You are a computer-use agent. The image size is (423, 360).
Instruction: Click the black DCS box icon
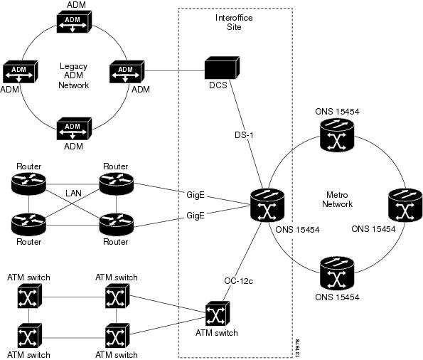tap(222, 68)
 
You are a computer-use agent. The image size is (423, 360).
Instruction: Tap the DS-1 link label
tap(244, 134)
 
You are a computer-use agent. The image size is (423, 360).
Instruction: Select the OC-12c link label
tap(238, 281)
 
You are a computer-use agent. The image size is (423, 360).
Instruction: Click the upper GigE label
tap(196, 195)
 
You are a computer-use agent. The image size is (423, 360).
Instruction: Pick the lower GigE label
tap(196, 216)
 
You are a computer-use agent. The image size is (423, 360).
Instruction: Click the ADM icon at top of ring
tap(74, 21)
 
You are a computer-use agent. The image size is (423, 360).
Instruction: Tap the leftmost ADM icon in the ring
tap(20, 72)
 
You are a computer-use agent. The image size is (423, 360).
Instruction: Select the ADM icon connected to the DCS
tap(127, 72)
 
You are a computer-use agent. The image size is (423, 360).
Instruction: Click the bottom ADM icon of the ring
tap(74, 129)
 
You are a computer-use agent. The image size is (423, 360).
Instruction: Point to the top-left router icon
tap(28, 183)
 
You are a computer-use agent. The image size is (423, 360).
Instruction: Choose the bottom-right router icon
tap(117, 224)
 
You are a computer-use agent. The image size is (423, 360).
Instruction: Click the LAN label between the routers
tap(73, 193)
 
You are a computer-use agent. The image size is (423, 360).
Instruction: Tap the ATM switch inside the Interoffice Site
tap(218, 314)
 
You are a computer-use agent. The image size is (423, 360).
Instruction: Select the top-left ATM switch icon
tap(30, 297)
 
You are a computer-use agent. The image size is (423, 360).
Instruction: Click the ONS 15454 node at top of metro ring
tap(337, 135)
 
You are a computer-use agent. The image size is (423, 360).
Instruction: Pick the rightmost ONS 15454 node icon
tap(405, 204)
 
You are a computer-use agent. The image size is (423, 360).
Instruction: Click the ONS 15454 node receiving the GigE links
tap(267, 205)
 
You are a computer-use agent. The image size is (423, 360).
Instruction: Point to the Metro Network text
tap(337, 199)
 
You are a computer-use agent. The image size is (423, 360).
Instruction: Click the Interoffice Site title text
tap(234, 22)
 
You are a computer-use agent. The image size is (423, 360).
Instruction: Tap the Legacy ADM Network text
tap(73, 75)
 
